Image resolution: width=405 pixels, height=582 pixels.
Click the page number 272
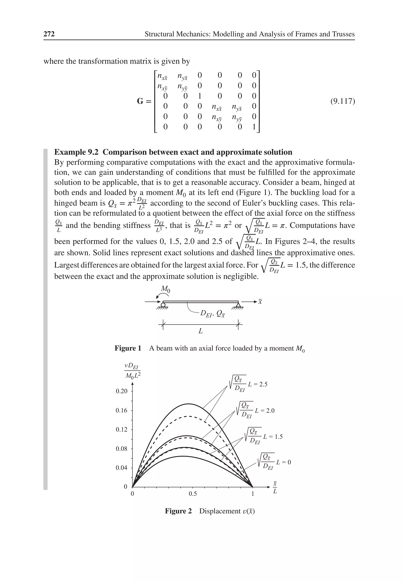49,34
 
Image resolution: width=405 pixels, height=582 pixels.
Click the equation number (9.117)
343,101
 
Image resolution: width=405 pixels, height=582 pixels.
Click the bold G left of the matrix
140,101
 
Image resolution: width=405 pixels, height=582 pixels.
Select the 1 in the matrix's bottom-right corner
254,126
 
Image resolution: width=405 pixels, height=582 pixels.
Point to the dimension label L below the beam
200,331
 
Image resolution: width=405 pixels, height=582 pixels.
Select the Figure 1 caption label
128,348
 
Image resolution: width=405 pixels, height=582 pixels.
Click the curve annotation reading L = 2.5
257,384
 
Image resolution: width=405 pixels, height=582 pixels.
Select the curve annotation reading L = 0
283,462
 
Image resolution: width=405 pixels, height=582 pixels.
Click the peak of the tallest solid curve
188,404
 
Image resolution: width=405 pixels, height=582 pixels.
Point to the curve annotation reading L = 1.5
273,436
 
